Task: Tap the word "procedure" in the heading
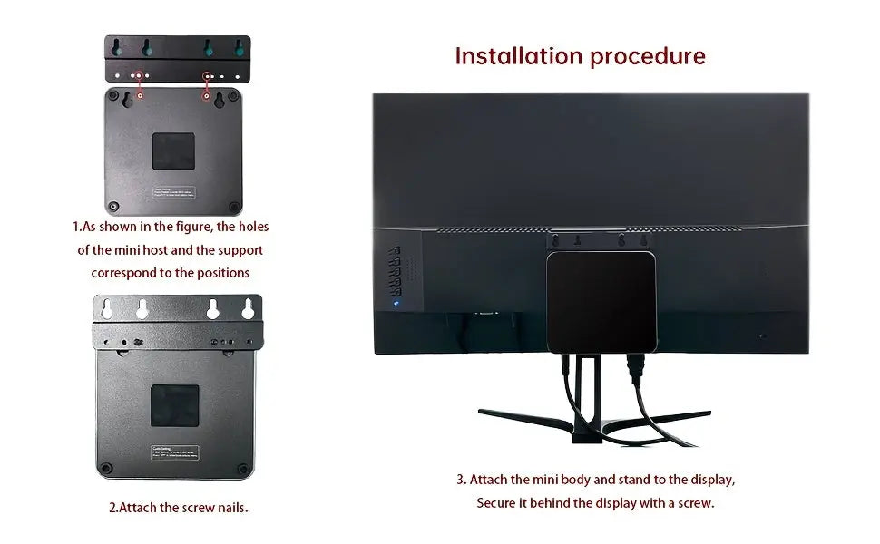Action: pyautogui.click(x=648, y=56)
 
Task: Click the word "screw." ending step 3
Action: pyautogui.click(x=693, y=502)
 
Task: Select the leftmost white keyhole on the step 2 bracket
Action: pyautogui.click(x=106, y=309)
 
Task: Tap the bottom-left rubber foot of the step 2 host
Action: pyautogui.click(x=107, y=468)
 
